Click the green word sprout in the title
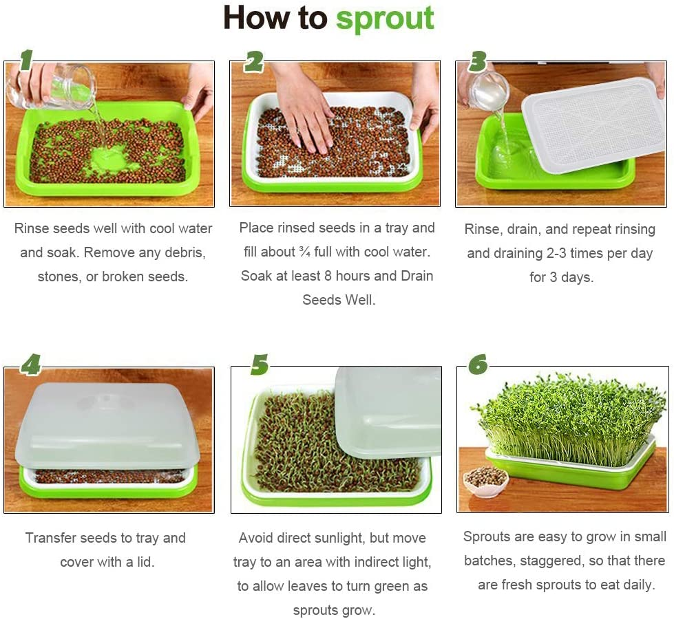(x=385, y=19)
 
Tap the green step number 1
(x=25, y=61)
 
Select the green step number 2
(x=253, y=61)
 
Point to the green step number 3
(x=477, y=61)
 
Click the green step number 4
(x=30, y=364)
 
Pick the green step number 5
(x=259, y=365)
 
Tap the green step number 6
(x=478, y=364)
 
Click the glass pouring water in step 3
(x=487, y=89)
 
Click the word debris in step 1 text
(x=183, y=252)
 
